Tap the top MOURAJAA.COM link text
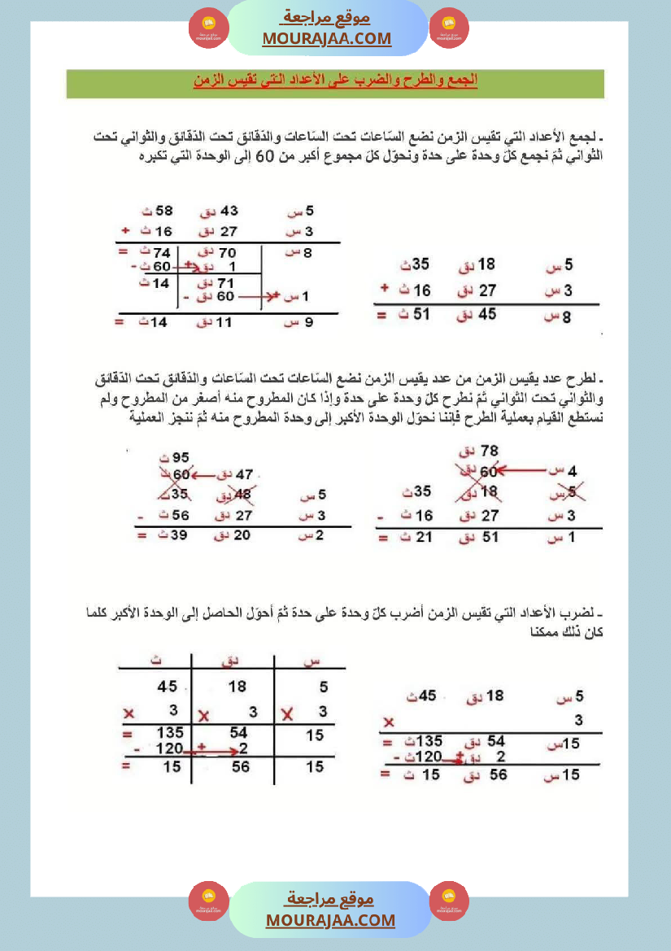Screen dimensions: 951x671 click(327, 38)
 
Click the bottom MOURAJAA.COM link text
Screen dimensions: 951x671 click(330, 920)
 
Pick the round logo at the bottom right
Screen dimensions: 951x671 click(449, 901)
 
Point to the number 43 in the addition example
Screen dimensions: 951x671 click(229, 212)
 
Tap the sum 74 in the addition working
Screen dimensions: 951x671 click(161, 253)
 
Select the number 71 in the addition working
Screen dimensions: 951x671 click(225, 282)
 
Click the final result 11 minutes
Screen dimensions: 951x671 click(224, 323)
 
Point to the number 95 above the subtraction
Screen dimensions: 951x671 click(180, 457)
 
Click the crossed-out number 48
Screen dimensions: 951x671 click(242, 494)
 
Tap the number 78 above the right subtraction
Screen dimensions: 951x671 click(490, 450)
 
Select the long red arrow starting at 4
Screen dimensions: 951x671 click(530, 469)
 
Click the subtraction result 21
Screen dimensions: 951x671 click(423, 536)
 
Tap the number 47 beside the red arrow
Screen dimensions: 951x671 click(243, 473)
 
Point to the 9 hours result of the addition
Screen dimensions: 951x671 click(308, 323)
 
